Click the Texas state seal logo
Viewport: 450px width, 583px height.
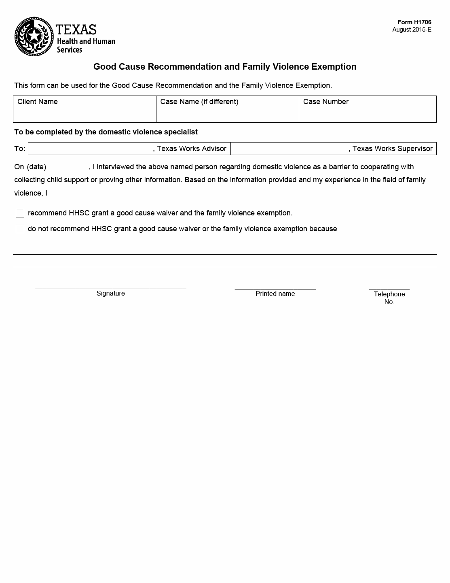(34, 37)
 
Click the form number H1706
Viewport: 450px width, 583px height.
(414, 22)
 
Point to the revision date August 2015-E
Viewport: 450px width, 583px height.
(412, 30)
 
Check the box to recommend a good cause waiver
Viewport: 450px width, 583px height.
(20, 213)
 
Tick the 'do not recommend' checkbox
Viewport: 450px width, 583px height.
(20, 229)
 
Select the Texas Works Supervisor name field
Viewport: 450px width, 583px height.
(289, 149)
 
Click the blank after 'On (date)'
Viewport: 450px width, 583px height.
(68, 167)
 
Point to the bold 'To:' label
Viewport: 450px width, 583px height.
(20, 149)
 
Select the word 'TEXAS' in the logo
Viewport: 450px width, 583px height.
(76, 30)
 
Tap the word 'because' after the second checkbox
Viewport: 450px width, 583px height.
(323, 229)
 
